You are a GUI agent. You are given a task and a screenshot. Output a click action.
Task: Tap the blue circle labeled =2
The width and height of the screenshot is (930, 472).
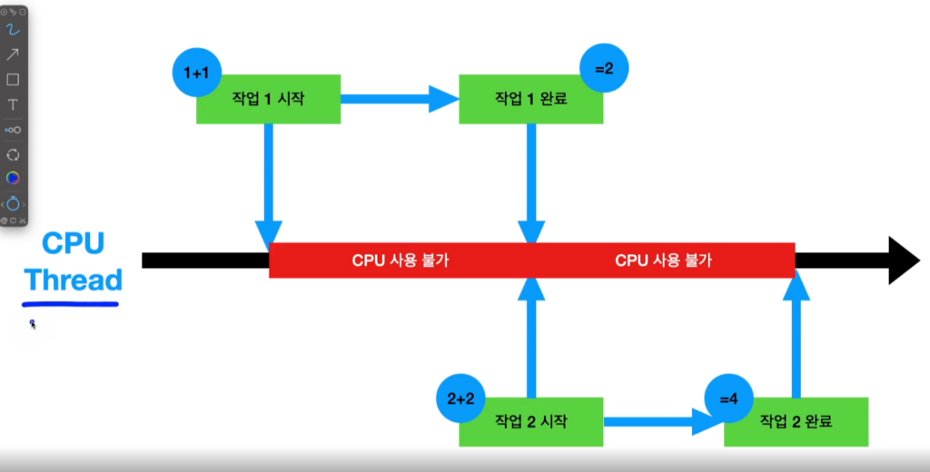coord(604,69)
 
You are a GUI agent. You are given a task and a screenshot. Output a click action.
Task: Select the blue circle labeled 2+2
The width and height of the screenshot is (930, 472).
coord(460,398)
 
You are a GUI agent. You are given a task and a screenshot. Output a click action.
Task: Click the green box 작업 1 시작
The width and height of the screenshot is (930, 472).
coord(269,99)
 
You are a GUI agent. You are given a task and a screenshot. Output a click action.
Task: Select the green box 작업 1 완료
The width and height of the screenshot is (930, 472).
coord(531,99)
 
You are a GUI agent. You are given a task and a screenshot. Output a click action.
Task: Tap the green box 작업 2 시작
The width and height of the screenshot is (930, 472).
coord(531,422)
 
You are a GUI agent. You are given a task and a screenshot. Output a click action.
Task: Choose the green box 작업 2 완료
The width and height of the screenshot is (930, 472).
coord(796,422)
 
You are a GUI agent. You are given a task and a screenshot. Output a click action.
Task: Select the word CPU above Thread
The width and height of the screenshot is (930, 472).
coord(74,243)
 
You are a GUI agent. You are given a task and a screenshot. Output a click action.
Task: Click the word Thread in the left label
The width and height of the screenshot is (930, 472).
coord(74,280)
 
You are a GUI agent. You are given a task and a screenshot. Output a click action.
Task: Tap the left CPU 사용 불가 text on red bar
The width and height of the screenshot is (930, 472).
coord(401,261)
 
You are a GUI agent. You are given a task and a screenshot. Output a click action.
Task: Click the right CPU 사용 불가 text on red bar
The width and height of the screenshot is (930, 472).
coord(664,261)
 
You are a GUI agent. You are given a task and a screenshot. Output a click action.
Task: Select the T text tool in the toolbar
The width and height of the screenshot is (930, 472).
coord(13,104)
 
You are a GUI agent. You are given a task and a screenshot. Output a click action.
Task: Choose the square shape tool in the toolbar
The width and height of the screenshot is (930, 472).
coord(13,80)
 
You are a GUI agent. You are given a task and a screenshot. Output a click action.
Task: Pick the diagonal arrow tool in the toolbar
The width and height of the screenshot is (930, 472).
coord(13,54)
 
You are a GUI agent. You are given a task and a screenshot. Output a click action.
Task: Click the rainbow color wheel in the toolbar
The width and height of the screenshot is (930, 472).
coord(13,178)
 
